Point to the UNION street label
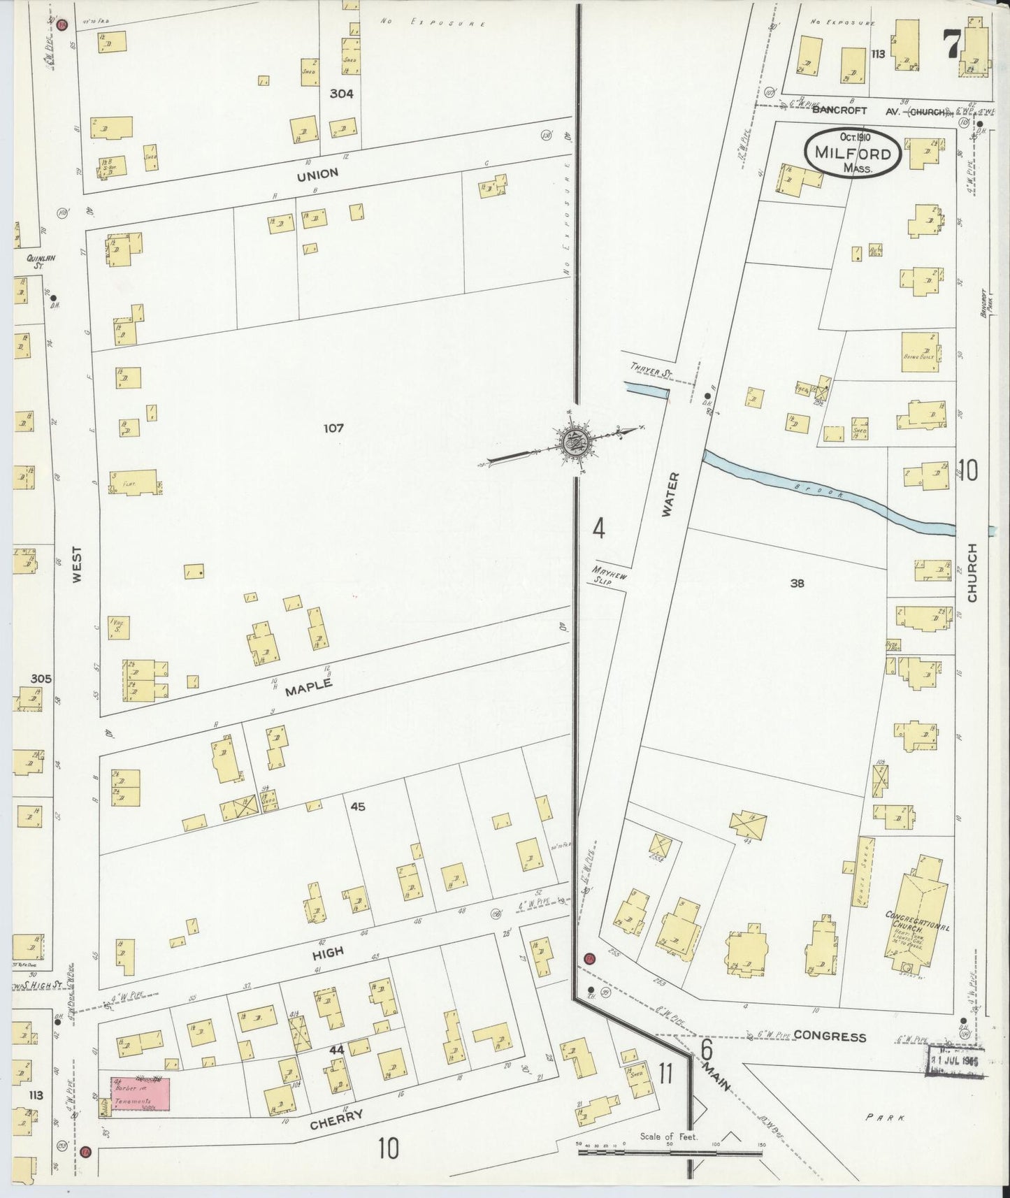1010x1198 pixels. tap(317, 174)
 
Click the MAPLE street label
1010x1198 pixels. tap(308, 687)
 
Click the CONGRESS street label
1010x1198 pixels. tap(830, 1037)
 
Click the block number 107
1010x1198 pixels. tap(333, 428)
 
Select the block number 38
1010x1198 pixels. tap(797, 583)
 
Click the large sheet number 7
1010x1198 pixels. tap(951, 45)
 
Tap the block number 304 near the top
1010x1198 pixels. tap(342, 93)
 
